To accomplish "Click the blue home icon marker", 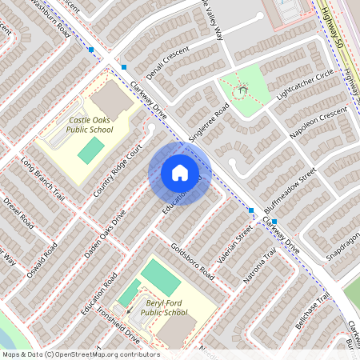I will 180,173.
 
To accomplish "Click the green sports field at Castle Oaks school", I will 90,150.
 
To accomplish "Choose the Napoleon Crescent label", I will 319,126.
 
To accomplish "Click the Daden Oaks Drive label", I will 106,233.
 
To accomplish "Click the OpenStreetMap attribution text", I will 80,354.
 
